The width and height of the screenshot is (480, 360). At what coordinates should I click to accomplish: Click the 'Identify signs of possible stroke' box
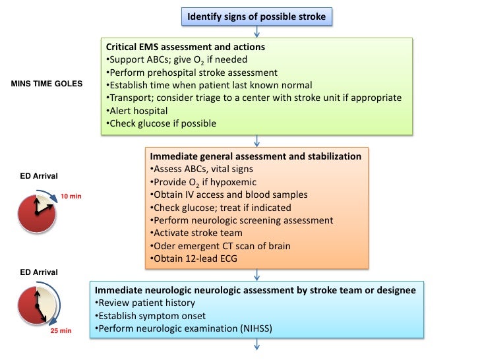pos(256,16)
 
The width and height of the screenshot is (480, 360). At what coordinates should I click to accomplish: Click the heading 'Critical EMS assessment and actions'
pos(185,47)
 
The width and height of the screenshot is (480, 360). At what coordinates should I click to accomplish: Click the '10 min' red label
pos(71,197)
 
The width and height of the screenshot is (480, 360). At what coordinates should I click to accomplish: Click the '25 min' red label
pos(62,331)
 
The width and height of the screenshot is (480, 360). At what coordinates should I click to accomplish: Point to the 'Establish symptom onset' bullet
pos(148,315)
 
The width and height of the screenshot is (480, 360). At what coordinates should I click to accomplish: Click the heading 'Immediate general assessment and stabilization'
pos(256,157)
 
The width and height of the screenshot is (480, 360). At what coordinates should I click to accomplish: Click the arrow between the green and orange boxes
pos(256,140)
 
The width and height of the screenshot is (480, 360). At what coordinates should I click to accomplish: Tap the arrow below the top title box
pos(256,31)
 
